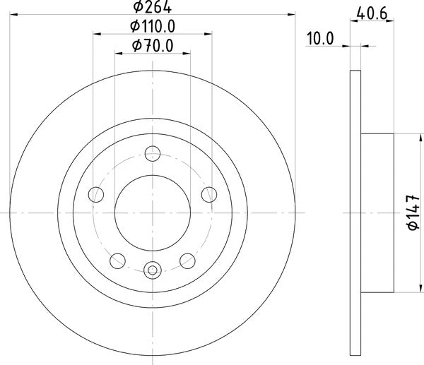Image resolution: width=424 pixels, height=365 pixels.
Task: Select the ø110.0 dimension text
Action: (x=153, y=27)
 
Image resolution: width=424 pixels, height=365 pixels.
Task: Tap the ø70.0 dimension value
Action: (x=153, y=47)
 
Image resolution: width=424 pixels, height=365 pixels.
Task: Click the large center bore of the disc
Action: (x=153, y=212)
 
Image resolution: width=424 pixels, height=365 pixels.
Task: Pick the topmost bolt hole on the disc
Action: (x=153, y=152)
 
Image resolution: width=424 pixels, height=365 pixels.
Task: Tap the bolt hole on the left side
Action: (x=95, y=194)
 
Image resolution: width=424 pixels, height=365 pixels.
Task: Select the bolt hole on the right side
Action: (x=209, y=194)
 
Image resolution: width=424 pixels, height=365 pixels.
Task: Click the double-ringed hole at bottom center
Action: (x=153, y=270)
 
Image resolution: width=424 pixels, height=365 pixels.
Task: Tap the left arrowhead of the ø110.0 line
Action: (x=98, y=34)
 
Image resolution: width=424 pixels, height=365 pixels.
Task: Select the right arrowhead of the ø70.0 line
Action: (x=187, y=54)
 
